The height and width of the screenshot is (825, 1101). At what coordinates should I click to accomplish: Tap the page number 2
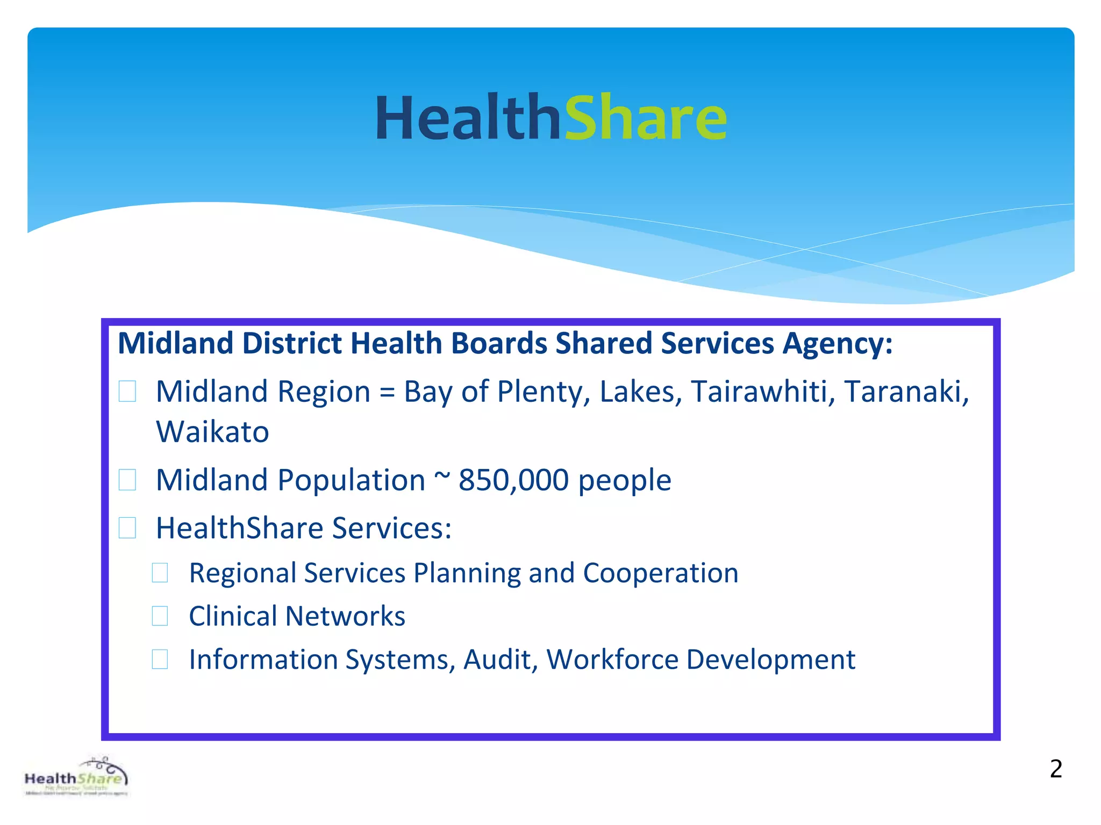click(1056, 769)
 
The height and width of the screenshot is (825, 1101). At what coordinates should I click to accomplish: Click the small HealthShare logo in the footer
click(76, 778)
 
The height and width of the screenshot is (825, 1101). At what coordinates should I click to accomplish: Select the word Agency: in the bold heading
click(838, 344)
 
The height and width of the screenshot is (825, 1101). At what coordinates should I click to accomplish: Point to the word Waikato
click(212, 432)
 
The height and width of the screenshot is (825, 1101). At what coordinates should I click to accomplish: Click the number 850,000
click(513, 480)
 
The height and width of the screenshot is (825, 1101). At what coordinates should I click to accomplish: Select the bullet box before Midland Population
click(127, 480)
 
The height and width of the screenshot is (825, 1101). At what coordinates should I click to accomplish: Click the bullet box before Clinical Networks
click(160, 616)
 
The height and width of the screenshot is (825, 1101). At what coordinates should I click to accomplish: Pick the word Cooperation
click(661, 573)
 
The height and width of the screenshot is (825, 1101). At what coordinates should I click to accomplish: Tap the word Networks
click(345, 616)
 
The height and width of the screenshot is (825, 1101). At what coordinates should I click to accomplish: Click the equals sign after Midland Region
click(387, 393)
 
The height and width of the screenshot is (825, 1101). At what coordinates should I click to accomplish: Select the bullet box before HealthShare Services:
click(127, 528)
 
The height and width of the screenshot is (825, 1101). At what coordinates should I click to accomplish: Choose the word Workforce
click(612, 660)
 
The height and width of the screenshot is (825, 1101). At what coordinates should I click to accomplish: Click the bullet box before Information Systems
click(160, 659)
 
